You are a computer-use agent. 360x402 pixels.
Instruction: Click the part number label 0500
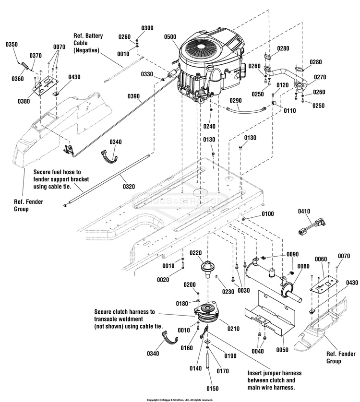point(169,36)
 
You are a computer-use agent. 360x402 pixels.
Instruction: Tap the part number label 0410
point(304,211)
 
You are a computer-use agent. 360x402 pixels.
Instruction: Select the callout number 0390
point(134,96)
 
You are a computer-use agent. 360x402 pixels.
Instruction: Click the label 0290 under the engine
point(235,100)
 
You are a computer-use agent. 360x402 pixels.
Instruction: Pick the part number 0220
point(195,253)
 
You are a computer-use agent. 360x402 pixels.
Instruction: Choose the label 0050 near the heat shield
point(283,351)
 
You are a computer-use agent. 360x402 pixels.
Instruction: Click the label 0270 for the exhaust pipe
point(320,77)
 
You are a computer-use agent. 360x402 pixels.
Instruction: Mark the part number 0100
point(268,213)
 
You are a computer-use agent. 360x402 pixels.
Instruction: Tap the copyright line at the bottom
point(180,399)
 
